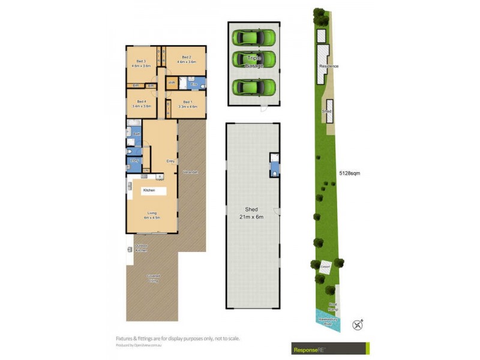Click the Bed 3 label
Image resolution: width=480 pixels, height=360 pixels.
(x=141, y=61)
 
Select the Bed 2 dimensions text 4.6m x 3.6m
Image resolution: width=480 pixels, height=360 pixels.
(x=187, y=62)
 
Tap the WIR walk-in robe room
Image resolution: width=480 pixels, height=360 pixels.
(x=171, y=83)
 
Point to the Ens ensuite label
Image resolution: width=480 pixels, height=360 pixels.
(x=194, y=84)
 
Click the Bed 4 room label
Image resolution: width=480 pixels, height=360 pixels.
(x=141, y=101)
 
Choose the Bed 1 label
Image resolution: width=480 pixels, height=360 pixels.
(x=187, y=101)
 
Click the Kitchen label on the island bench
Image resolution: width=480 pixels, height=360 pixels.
(x=149, y=190)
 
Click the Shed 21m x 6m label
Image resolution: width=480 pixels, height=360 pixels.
(x=251, y=213)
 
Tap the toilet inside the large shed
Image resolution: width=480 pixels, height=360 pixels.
(x=274, y=172)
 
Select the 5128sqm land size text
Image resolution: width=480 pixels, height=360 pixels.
(x=349, y=173)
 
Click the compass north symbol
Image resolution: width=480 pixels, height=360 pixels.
(x=359, y=324)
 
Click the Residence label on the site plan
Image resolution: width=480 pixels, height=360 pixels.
(x=329, y=66)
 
